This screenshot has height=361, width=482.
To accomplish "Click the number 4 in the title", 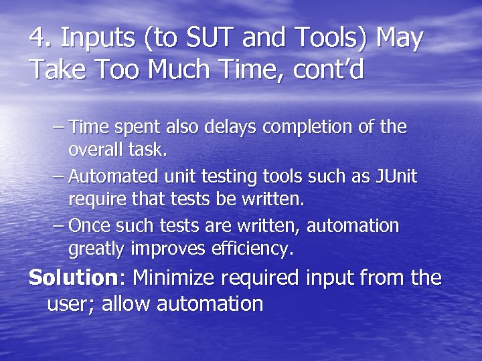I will (37, 39).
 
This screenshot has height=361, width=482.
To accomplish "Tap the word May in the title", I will (400, 39).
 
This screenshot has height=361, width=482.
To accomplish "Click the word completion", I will (303, 127).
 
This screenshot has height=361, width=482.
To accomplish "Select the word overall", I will (100, 150).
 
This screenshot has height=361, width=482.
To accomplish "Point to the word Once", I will (91, 226).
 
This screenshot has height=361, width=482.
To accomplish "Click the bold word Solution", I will (73, 277).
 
